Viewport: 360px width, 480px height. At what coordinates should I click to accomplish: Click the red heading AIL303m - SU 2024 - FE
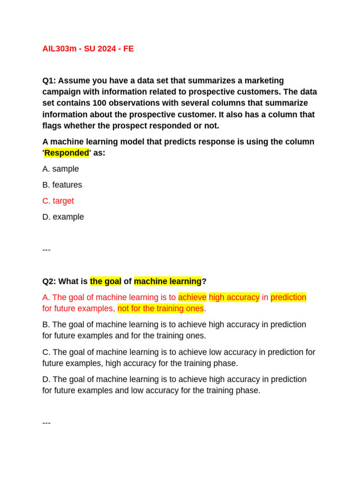click(x=88, y=49)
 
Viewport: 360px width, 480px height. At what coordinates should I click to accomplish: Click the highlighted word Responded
click(x=66, y=153)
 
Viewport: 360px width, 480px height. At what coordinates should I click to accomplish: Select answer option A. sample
click(x=60, y=169)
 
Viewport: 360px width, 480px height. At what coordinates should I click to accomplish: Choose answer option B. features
click(x=62, y=185)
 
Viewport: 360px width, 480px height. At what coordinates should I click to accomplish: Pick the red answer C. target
click(x=58, y=201)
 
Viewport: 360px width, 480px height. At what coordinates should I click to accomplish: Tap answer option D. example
click(x=63, y=217)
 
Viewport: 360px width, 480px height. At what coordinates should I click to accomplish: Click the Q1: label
click(x=49, y=81)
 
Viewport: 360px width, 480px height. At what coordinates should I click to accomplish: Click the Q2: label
click(x=49, y=281)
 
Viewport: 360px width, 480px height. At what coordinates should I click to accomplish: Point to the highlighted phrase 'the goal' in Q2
click(x=105, y=281)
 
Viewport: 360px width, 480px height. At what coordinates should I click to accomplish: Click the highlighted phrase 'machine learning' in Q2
click(x=167, y=281)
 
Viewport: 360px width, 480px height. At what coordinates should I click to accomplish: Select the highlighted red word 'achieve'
click(x=192, y=297)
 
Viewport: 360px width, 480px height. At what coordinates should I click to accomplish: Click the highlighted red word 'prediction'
click(x=288, y=297)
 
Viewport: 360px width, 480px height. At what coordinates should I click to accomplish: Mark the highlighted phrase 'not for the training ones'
click(x=161, y=308)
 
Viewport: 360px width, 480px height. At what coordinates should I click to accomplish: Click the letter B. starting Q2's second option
click(x=46, y=324)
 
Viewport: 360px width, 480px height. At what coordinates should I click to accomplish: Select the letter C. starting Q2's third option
click(x=46, y=352)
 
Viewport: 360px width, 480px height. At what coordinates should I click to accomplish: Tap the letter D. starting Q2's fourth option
click(x=46, y=379)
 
